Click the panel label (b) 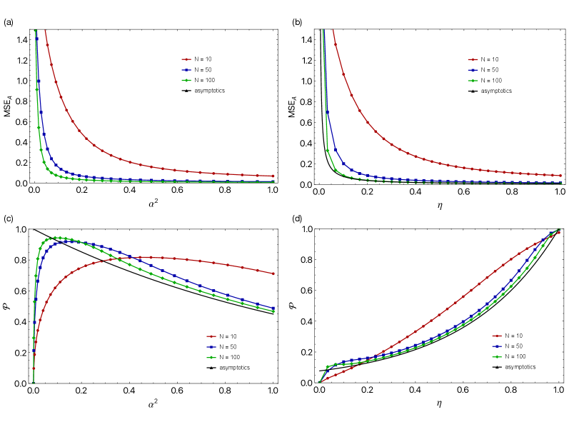[297, 22]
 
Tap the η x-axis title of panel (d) [439, 403]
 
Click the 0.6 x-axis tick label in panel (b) [464, 193]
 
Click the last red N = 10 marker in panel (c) [273, 273]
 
